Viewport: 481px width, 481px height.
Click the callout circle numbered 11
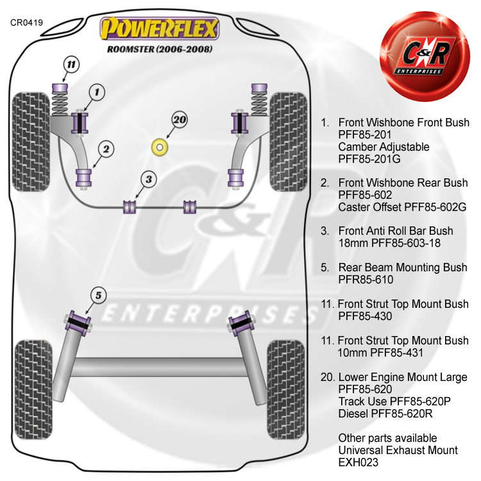tap(70, 64)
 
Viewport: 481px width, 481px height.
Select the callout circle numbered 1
tap(96, 93)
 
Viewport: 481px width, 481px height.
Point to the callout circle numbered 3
tap(148, 180)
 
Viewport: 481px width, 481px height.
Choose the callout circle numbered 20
tap(162, 119)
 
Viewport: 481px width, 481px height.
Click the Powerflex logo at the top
tap(159, 28)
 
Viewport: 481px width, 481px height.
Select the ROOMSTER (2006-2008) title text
tap(158, 49)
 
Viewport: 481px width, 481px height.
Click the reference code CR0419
tap(26, 22)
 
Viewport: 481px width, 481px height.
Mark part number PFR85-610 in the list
tap(366, 280)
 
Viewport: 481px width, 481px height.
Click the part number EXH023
tap(359, 462)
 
